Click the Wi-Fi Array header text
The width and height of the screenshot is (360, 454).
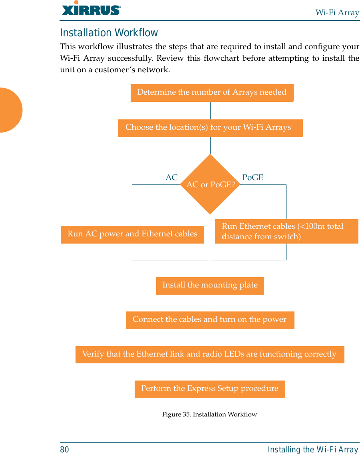337,12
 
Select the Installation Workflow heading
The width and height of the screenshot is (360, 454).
109,33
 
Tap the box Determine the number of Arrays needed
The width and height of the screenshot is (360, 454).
212,93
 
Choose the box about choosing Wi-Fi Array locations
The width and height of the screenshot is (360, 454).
210,128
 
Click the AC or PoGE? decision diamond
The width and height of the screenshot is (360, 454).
210,184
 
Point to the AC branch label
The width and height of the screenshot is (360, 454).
171,178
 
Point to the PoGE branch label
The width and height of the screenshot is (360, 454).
253,178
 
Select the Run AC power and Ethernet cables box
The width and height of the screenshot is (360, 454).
132,234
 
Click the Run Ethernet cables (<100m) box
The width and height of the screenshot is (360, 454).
286,232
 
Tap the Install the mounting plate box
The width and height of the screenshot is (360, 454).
210,285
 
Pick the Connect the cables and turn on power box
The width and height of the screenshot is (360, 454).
210,320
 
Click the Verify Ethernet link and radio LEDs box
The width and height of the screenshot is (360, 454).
209,355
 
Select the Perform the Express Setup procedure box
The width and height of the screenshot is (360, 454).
210,389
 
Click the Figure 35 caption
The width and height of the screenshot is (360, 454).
209,414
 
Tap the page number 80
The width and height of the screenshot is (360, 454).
64,450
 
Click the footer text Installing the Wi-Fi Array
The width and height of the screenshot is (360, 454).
313,450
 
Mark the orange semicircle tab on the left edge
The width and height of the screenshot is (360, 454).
10,110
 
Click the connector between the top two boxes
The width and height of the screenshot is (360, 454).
210,111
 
